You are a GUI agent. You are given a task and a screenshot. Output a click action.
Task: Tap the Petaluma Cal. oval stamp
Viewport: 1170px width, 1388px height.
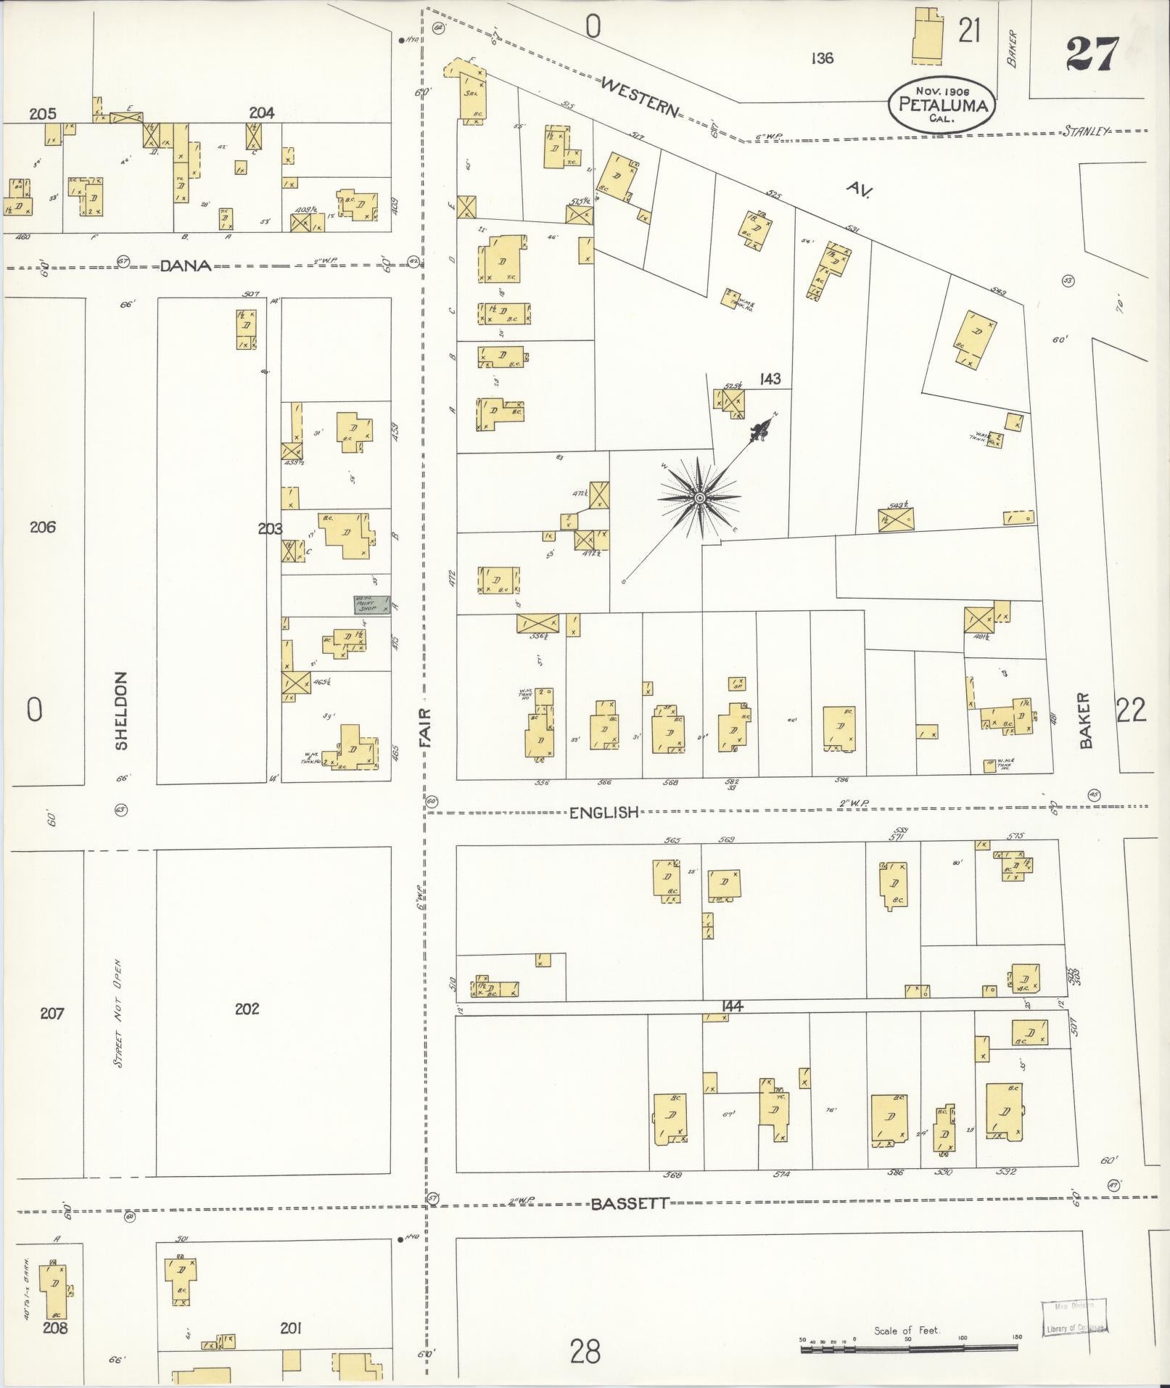click(x=942, y=106)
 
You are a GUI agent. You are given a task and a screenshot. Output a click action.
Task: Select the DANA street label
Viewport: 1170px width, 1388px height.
click(x=185, y=266)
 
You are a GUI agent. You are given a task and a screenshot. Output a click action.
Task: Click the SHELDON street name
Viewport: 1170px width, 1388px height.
click(x=121, y=710)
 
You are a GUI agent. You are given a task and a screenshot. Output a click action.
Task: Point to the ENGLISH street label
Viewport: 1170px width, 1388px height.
click(x=603, y=812)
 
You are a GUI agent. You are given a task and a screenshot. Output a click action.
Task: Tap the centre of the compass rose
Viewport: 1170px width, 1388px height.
click(x=699, y=498)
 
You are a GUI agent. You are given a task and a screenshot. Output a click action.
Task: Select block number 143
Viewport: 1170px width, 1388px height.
click(x=770, y=379)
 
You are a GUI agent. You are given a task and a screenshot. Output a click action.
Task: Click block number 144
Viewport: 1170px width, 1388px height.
click(x=733, y=1006)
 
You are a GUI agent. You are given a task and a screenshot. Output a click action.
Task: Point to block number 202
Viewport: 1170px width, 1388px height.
click(x=247, y=1009)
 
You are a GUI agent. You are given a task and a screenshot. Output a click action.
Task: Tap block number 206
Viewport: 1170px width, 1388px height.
click(x=43, y=527)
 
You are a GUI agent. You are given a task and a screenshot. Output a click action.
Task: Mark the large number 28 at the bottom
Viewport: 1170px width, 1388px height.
click(x=585, y=1352)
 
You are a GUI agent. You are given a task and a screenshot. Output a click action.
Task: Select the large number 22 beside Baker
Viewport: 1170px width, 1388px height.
click(x=1131, y=710)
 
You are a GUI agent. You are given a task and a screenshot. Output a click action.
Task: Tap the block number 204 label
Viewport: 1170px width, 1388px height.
click(x=261, y=112)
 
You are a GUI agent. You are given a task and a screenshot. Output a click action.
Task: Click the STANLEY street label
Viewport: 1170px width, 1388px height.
click(x=1086, y=131)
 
